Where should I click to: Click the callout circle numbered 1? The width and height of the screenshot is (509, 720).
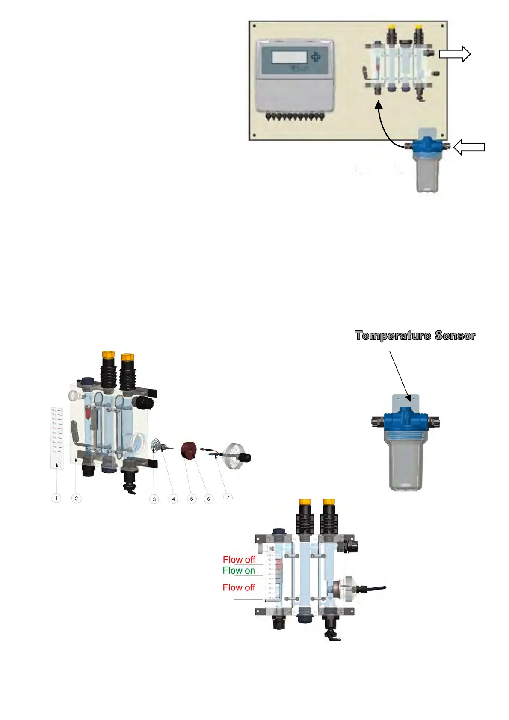pyautogui.click(x=56, y=498)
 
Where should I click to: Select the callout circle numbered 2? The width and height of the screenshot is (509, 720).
pyautogui.click(x=76, y=498)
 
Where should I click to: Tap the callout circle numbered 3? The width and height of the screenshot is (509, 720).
pyautogui.click(x=154, y=499)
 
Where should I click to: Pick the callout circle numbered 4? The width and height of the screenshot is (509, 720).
pyautogui.click(x=173, y=499)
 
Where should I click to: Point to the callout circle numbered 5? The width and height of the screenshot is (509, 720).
pyautogui.click(x=192, y=499)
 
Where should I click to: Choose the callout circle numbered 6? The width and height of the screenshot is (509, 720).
pyautogui.click(x=208, y=499)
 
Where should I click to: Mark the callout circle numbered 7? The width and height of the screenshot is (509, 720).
pyautogui.click(x=228, y=497)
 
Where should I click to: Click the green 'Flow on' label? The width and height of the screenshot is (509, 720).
pyautogui.click(x=239, y=571)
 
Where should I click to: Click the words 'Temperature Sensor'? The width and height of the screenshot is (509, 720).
pyautogui.click(x=415, y=336)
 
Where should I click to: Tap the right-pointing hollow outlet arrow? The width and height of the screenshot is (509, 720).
pyautogui.click(x=454, y=54)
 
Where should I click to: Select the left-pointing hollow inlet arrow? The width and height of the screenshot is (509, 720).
pyautogui.click(x=469, y=148)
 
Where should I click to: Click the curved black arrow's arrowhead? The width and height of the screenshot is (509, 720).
pyautogui.click(x=378, y=105)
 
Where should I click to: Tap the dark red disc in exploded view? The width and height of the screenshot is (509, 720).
pyautogui.click(x=188, y=451)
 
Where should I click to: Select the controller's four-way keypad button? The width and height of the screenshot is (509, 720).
pyautogui.click(x=316, y=57)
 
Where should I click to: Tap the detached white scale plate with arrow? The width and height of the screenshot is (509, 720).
pyautogui.click(x=57, y=438)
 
